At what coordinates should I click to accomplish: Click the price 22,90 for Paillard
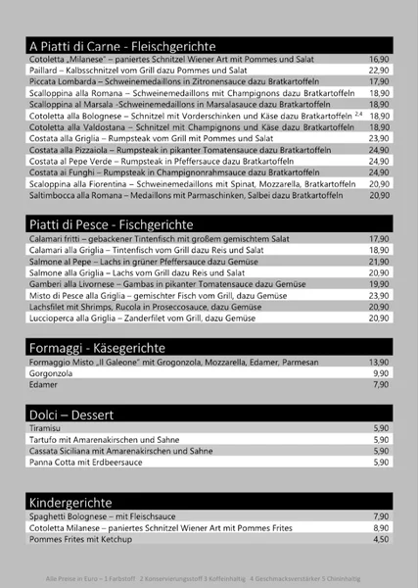coord(379,71)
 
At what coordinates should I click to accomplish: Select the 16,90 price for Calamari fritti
coord(379,239)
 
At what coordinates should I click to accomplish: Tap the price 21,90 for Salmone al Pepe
coord(379,262)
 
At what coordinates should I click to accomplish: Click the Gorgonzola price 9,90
coord(381,373)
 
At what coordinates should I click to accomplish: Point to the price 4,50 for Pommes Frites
coord(381,539)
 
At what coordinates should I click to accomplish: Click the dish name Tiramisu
coord(47,428)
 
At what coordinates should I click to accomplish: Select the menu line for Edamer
coord(43,385)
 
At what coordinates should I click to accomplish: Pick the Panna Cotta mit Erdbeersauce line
coord(87,462)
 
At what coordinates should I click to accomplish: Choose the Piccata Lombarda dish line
coord(147,81)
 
